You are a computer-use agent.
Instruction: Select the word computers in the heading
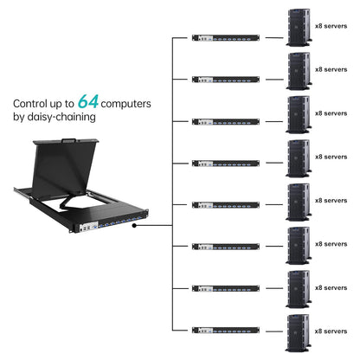pyautogui.click(x=129, y=102)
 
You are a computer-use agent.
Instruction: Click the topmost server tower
pyautogui.click(x=299, y=25)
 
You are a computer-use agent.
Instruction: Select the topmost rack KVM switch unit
pyautogui.click(x=226, y=38)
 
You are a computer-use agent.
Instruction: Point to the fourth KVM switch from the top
pyautogui.click(x=226, y=163)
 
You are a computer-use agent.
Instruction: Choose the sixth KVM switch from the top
pyautogui.click(x=226, y=246)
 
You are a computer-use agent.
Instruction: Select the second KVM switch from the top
pyautogui.click(x=226, y=80)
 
